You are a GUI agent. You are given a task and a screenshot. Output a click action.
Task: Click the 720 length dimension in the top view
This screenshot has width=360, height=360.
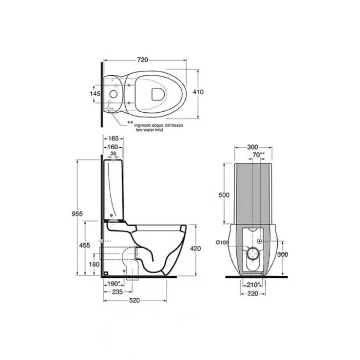click(x=143, y=60)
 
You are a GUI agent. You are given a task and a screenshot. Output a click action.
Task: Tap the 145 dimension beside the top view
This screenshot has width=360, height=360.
click(x=95, y=93)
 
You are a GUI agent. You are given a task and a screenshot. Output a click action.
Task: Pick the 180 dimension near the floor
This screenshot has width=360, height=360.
click(x=94, y=264)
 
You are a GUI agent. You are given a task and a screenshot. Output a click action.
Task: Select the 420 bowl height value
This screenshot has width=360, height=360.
click(x=195, y=248)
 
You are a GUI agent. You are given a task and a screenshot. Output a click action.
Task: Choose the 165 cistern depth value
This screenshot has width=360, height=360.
click(x=114, y=138)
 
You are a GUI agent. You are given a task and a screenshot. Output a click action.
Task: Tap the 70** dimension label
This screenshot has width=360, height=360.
click(x=259, y=154)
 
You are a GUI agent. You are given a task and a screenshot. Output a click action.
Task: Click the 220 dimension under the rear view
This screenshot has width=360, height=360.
click(x=253, y=293)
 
